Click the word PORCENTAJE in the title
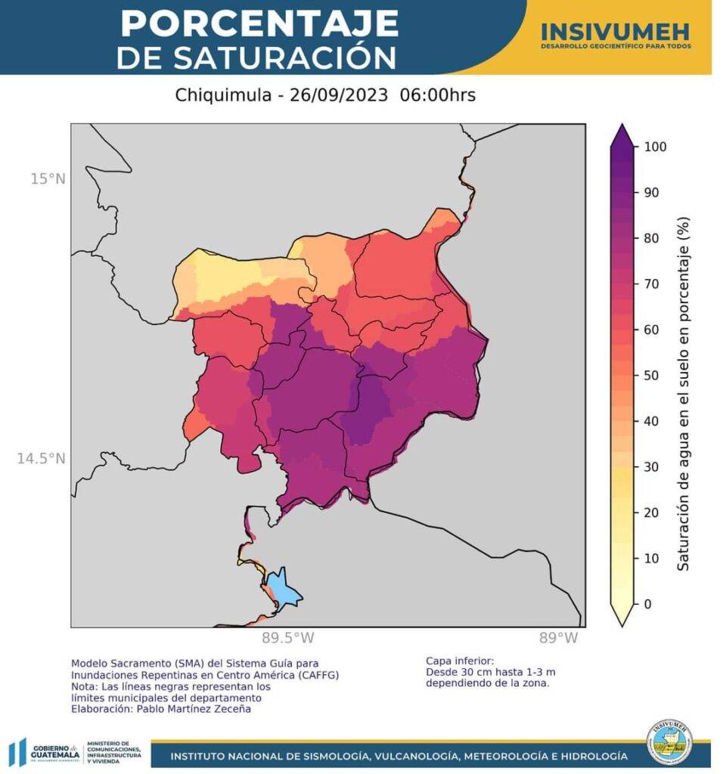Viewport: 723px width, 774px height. [259, 23]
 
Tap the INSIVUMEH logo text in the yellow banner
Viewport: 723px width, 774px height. [615, 31]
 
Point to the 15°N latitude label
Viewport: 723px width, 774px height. [48, 178]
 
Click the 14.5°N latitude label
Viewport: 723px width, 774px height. [42, 458]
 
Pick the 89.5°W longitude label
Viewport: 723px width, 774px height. [288, 638]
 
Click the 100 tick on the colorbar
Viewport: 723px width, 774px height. [654, 147]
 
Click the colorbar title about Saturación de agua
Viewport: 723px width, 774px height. [683, 393]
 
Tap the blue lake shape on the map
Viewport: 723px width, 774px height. [284, 589]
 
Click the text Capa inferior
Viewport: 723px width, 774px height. [460, 660]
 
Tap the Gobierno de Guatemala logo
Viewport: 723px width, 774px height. [45, 753]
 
